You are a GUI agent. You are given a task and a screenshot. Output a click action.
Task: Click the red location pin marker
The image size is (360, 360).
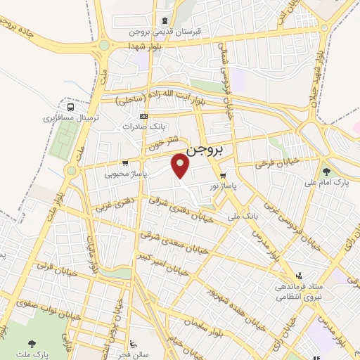(181, 165)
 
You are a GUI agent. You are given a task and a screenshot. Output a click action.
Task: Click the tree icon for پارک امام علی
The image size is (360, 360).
(326, 171)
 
